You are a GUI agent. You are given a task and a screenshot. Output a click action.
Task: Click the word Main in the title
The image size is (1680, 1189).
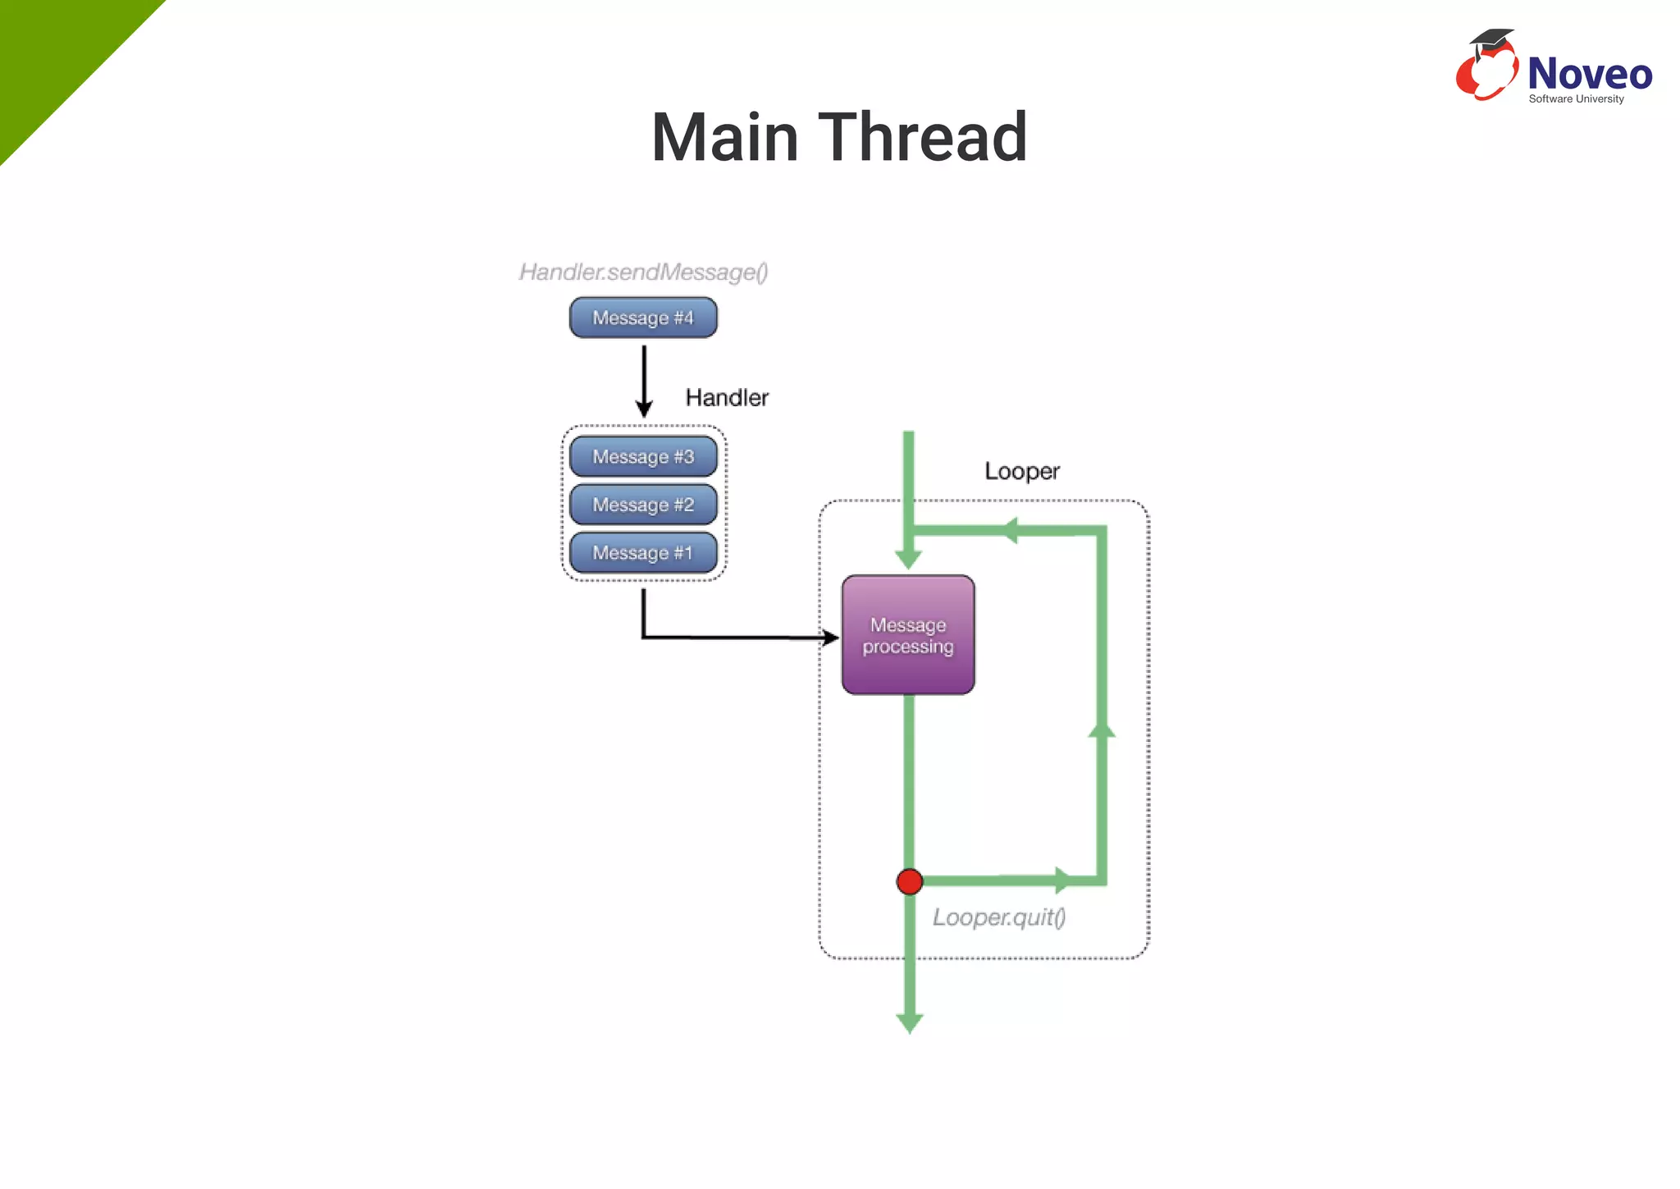tap(725, 137)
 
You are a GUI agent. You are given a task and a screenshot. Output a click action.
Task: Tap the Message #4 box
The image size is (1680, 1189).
tap(643, 318)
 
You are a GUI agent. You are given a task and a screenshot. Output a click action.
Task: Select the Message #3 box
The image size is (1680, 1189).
tap(643, 456)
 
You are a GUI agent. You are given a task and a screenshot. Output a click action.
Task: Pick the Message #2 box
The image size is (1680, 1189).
tap(643, 505)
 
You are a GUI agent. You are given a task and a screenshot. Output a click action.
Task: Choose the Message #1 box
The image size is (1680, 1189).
tap(643, 553)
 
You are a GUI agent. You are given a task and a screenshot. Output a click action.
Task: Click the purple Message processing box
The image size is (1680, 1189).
tap(908, 635)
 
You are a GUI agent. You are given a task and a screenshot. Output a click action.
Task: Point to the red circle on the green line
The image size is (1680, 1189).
tap(909, 882)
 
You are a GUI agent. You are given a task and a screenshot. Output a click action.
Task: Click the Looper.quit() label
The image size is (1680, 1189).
tap(998, 917)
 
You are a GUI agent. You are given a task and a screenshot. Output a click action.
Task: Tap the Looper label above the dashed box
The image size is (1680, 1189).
tap(1021, 471)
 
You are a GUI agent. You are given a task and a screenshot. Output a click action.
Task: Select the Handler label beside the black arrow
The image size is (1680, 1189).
tap(727, 398)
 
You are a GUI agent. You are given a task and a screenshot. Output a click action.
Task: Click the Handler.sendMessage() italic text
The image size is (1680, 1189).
tap(643, 272)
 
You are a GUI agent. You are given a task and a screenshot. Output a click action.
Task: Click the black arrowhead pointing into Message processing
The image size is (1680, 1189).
tap(831, 638)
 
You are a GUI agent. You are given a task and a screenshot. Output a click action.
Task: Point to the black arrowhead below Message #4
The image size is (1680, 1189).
tap(644, 409)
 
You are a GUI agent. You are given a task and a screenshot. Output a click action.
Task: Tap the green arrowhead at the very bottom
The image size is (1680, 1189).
tap(909, 1022)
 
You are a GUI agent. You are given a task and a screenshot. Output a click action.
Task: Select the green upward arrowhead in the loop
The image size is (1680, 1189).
tap(1101, 729)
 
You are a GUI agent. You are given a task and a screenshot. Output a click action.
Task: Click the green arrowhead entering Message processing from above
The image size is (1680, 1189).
tap(908, 560)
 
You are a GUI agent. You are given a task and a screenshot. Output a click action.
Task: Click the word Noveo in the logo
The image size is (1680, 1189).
tap(1589, 74)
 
